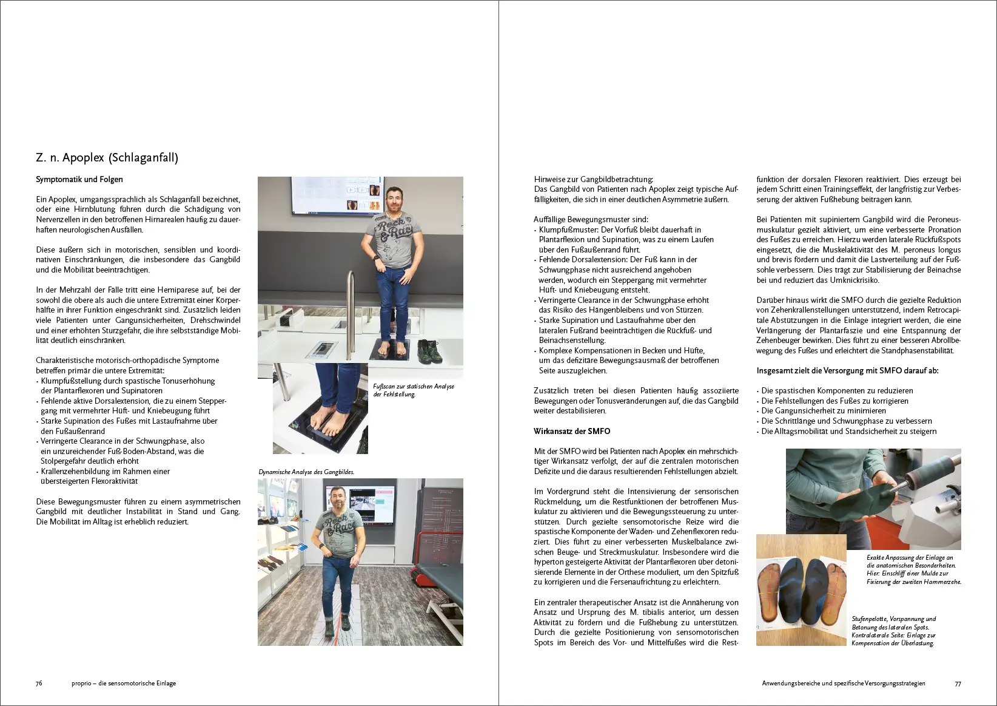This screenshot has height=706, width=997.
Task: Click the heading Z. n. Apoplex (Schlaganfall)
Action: pos(107,158)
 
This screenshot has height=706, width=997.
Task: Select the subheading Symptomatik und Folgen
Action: pos(79,180)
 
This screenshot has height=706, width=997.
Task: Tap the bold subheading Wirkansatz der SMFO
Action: pos(572,432)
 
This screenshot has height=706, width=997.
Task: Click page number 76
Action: pos(39,684)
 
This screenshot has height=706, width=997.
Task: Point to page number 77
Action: pos(958,684)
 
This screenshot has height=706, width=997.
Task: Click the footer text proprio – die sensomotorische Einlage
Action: pos(124,684)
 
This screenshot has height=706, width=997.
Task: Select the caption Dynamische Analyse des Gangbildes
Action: pos(306,472)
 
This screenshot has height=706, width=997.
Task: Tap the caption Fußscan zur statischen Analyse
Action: pos(413,390)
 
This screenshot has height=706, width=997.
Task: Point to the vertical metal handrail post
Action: pos(351,310)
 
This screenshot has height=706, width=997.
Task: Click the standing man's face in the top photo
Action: pos(395,202)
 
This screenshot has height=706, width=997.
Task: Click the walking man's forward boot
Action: pos(345,622)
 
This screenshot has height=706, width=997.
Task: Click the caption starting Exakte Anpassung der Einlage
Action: pos(913,569)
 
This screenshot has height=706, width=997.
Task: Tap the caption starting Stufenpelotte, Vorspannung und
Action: pos(893,631)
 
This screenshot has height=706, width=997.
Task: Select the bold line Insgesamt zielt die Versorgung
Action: pos(847,371)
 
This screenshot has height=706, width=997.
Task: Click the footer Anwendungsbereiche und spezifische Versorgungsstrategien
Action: pos(844,684)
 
